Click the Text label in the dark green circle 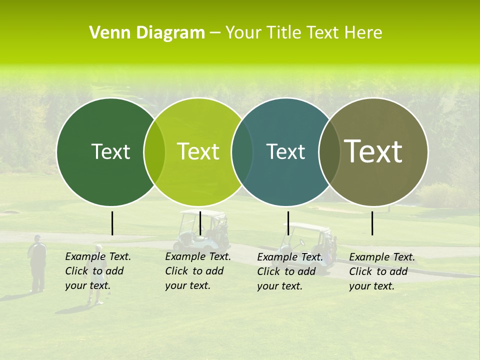point(110,151)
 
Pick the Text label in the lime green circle point(198,151)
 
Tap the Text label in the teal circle point(285,151)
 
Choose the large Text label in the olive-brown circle point(373,151)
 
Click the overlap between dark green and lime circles point(154,151)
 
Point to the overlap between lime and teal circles point(242,151)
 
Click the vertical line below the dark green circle point(112,223)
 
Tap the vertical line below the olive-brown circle point(372,223)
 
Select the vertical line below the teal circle point(288,223)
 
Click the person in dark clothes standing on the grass point(37,262)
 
